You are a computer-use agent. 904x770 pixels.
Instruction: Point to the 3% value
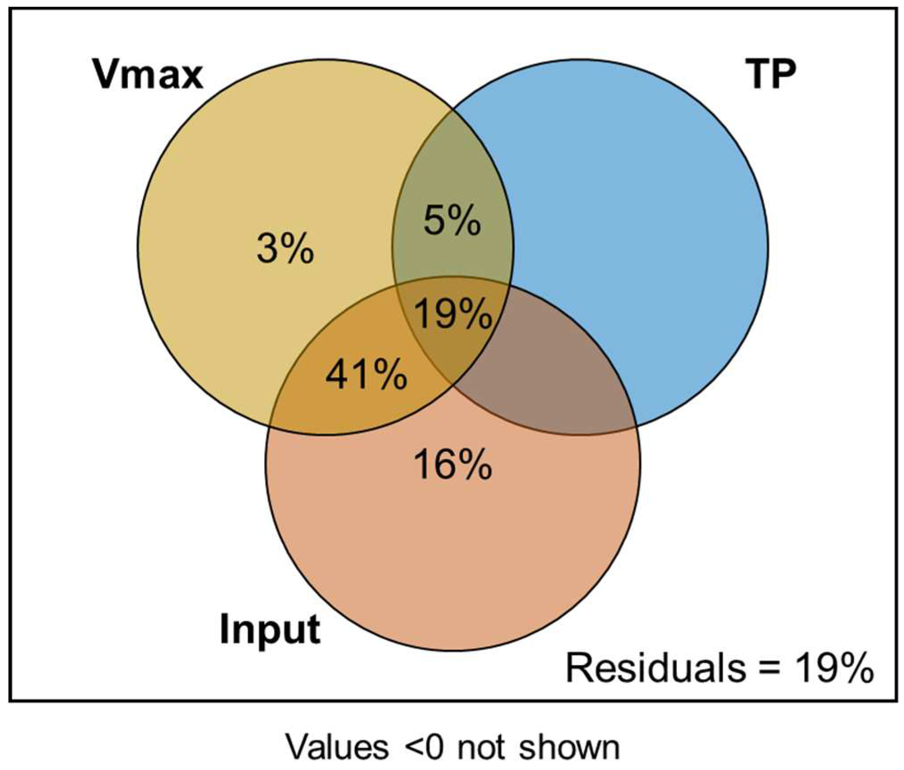(x=285, y=249)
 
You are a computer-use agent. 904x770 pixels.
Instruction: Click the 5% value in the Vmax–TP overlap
(x=452, y=221)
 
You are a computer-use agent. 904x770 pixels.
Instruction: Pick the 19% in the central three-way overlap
(x=453, y=314)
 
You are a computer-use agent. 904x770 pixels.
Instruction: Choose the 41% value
(x=366, y=375)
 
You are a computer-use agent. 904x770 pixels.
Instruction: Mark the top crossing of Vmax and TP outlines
(x=452, y=108)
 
